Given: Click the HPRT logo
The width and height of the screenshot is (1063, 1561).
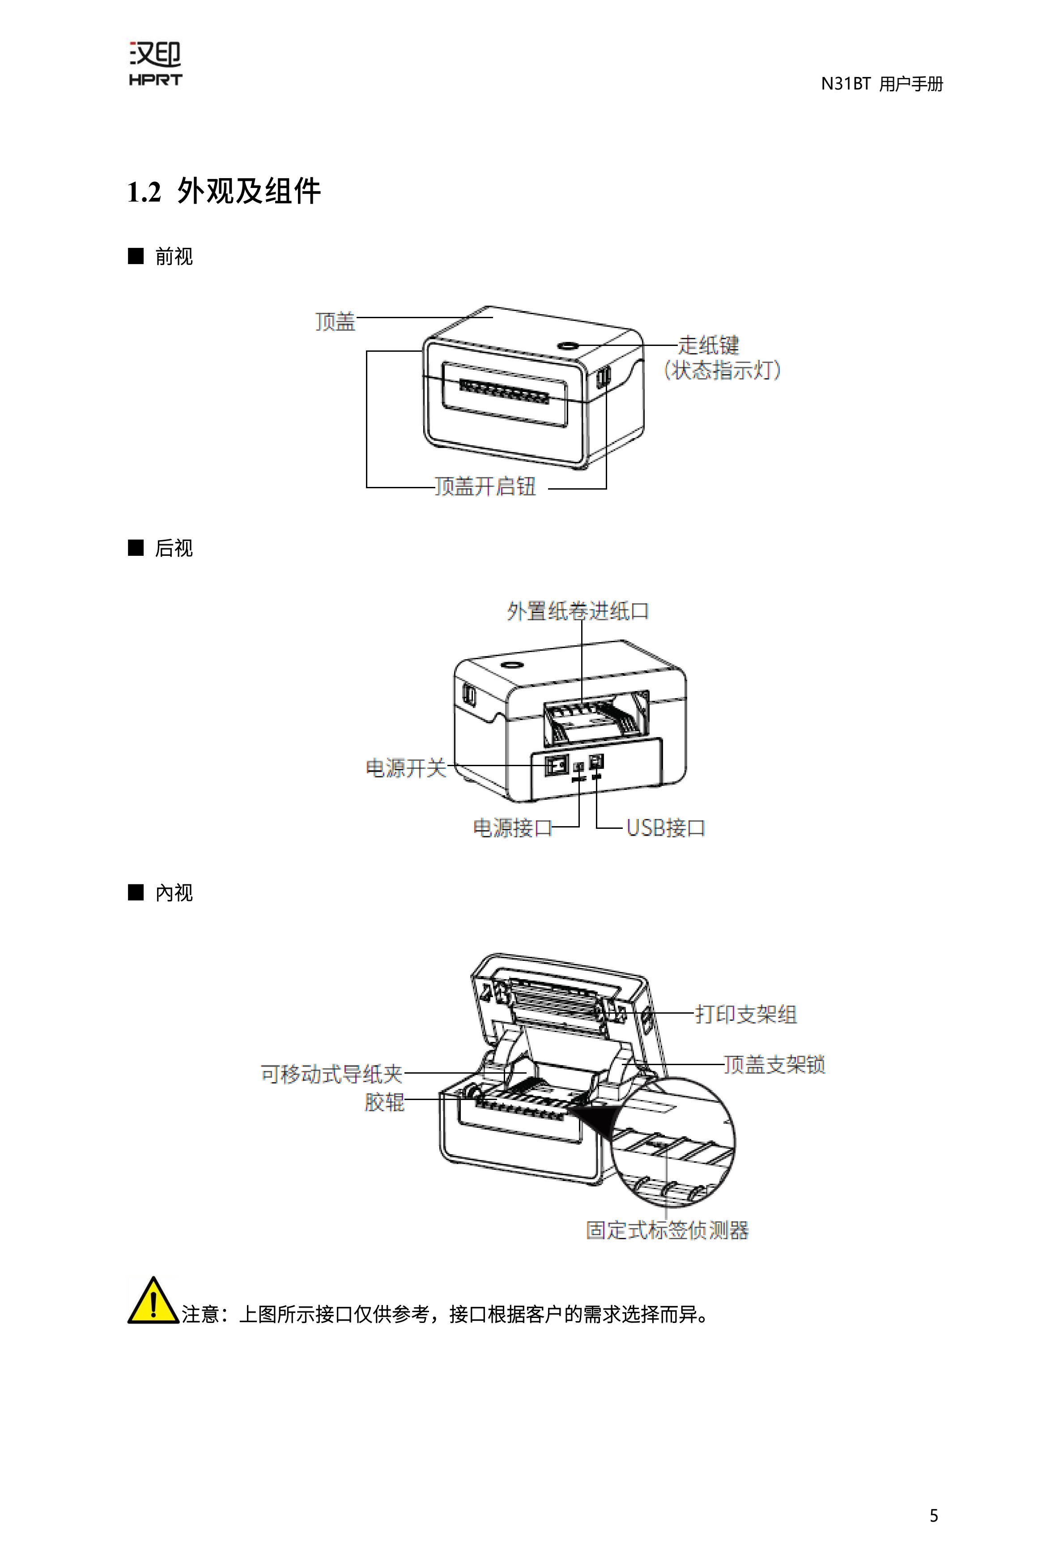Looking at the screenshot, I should pyautogui.click(x=155, y=64).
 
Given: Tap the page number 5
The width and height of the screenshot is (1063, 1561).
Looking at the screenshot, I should pyautogui.click(x=933, y=1515).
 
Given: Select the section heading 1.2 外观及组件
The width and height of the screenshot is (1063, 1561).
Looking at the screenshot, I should pyautogui.click(x=224, y=192).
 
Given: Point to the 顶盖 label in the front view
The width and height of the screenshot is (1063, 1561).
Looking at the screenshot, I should pyautogui.click(x=335, y=322).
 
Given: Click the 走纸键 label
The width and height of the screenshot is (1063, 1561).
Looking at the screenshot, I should pyautogui.click(x=708, y=345).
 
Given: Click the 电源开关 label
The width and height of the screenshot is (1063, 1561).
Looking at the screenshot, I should pyautogui.click(x=406, y=768).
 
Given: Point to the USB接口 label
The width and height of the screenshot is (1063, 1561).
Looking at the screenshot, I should pyautogui.click(x=665, y=827).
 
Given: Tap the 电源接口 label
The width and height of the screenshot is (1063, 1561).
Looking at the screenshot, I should pyautogui.click(x=512, y=827).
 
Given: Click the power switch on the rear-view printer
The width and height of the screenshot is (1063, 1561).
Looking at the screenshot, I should pyautogui.click(x=556, y=765).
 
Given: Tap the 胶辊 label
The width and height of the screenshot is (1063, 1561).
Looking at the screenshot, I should pyautogui.click(x=384, y=1102).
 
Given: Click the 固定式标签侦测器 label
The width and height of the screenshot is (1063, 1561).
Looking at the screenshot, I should pyautogui.click(x=667, y=1230).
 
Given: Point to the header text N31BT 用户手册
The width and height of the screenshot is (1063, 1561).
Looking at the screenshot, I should pyautogui.click(x=882, y=84).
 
